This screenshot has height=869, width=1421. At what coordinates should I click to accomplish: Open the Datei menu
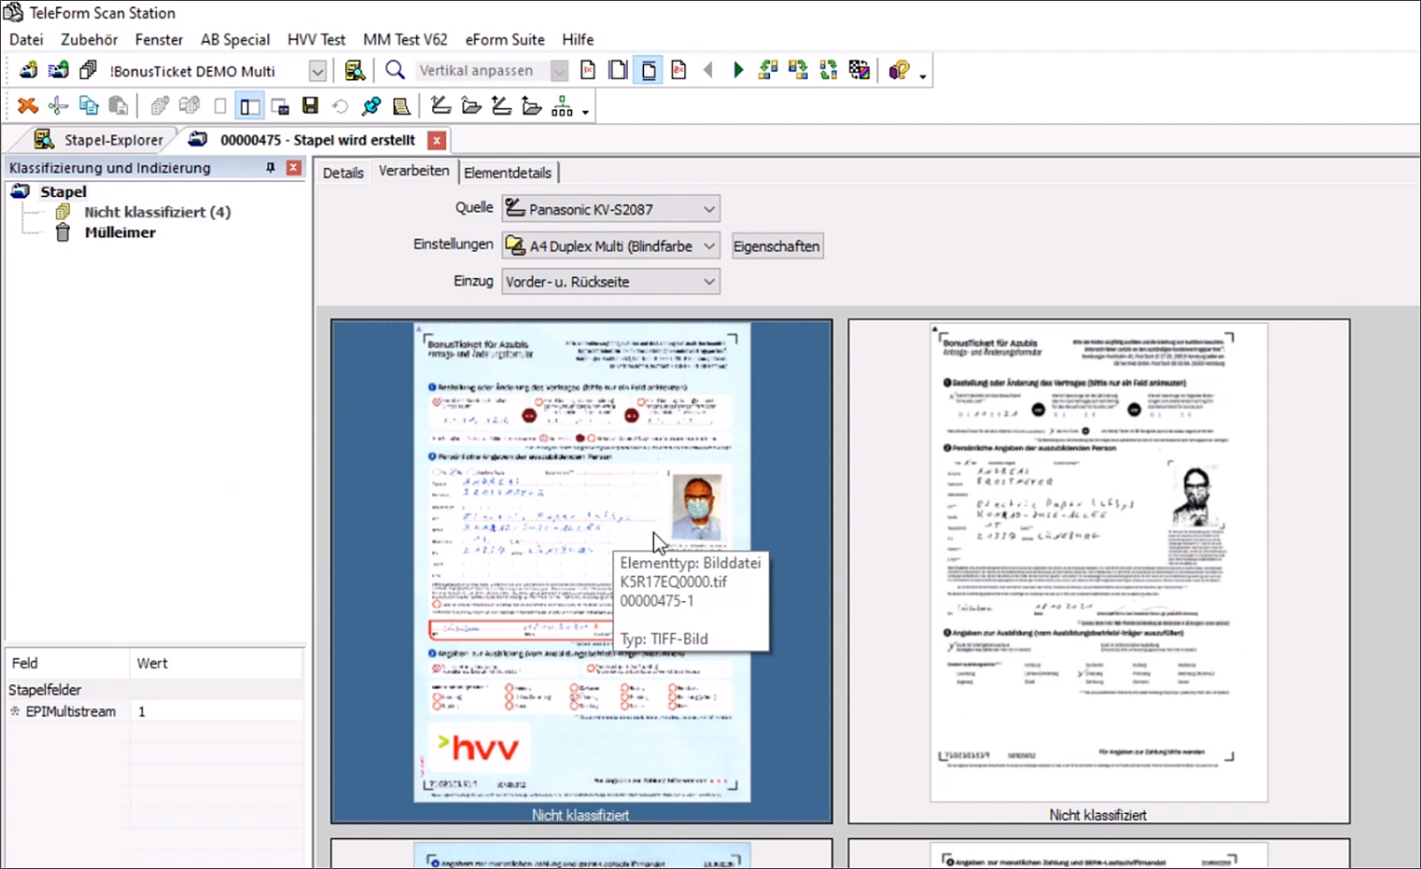26,40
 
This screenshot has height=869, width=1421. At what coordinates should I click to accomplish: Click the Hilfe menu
577,40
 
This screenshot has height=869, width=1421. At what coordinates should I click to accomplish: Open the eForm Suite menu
505,40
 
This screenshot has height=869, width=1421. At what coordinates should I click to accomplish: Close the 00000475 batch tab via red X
436,140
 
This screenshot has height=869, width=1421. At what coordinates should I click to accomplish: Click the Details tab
342,173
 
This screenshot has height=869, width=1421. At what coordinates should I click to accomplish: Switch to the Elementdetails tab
507,173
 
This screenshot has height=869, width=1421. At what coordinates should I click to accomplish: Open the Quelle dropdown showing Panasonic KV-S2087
610,209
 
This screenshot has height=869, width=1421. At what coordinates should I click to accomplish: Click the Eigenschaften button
776,246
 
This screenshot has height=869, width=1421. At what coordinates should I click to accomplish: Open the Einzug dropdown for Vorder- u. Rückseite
610,281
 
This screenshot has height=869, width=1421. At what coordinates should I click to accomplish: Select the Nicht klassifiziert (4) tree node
157,212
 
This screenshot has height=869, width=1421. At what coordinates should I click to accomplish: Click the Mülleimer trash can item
120,233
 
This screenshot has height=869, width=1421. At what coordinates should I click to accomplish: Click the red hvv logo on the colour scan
480,747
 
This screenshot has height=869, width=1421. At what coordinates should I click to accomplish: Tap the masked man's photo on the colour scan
696,507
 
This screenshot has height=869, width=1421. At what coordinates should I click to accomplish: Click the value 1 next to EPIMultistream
142,712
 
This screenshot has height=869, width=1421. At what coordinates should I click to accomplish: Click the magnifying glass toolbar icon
395,70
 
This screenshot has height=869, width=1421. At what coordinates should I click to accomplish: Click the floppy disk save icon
310,107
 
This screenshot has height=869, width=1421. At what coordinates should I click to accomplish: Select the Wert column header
152,663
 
